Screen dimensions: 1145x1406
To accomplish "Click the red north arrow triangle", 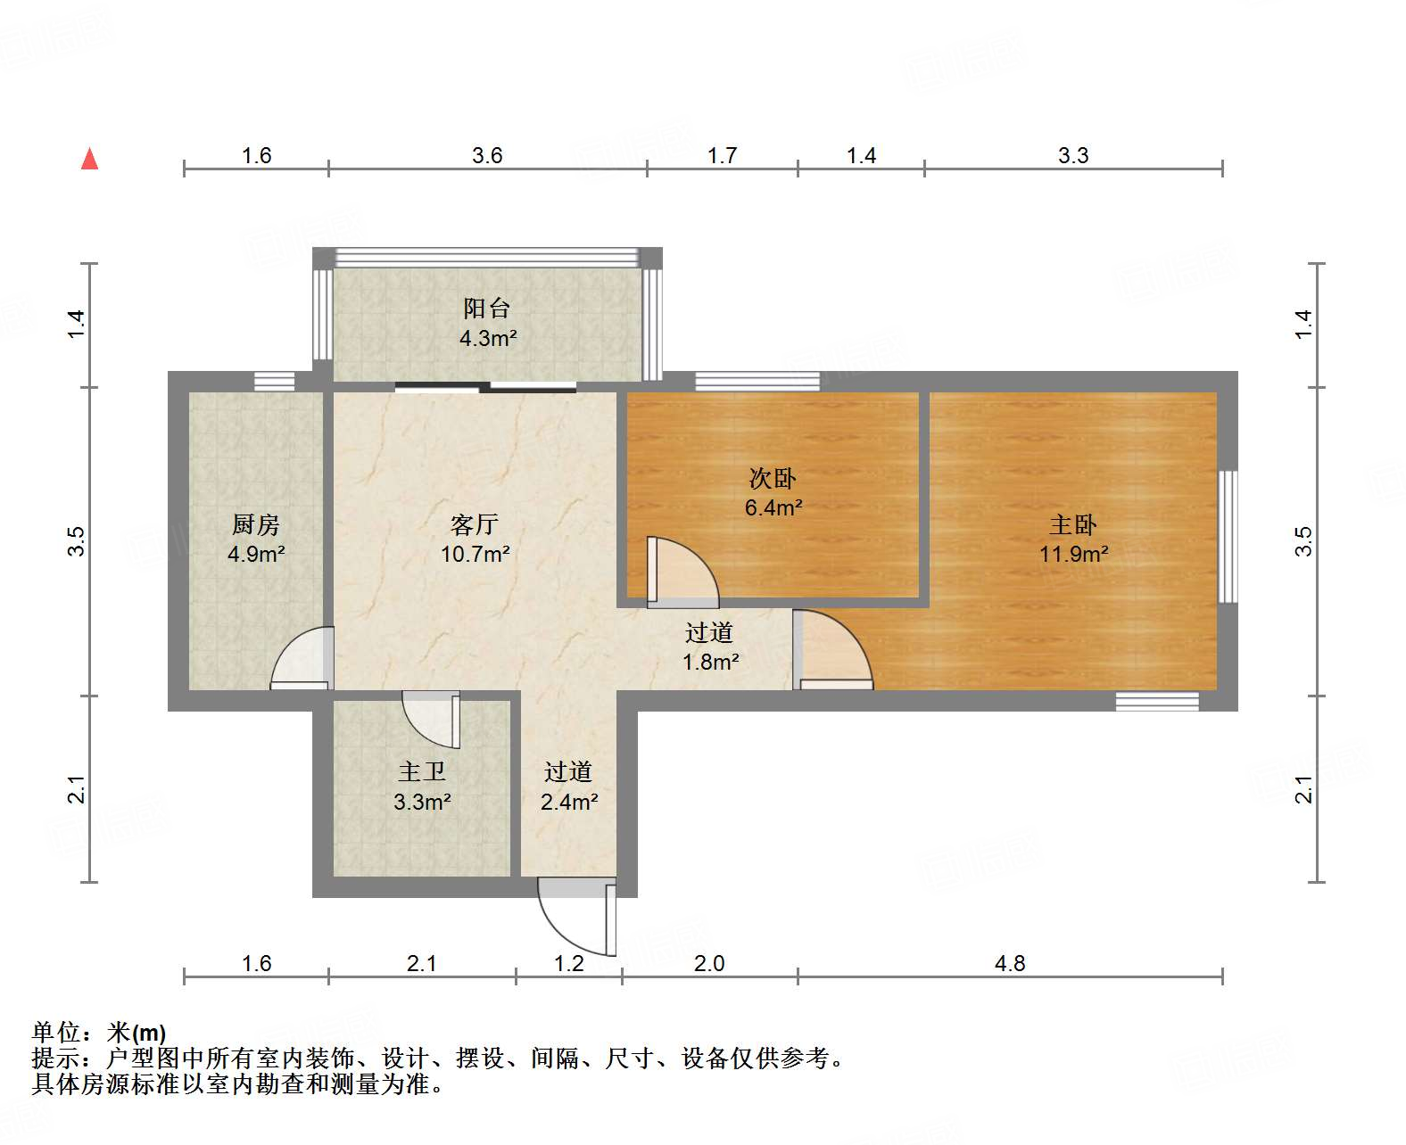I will (89, 159).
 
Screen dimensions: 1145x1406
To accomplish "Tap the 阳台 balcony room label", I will (487, 309).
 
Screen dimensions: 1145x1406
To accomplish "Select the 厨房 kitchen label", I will (256, 524).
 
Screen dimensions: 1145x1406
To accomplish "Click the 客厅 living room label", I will (475, 524).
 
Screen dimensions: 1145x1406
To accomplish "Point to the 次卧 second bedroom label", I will (773, 479).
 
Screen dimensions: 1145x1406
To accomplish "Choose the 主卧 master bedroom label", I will (1073, 524).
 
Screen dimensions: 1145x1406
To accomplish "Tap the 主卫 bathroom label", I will (422, 771).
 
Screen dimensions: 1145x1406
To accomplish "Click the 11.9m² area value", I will (1073, 554).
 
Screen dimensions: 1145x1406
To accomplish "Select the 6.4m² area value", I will (773, 508).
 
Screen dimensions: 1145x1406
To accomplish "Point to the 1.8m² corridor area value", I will (711, 662).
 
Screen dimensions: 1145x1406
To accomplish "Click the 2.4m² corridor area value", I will (569, 802).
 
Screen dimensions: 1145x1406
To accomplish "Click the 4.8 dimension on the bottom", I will (1010, 963).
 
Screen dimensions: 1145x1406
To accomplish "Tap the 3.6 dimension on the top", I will (487, 155).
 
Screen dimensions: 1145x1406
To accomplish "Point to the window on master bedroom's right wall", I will (1228, 536).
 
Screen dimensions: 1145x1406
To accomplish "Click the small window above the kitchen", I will (274, 381).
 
